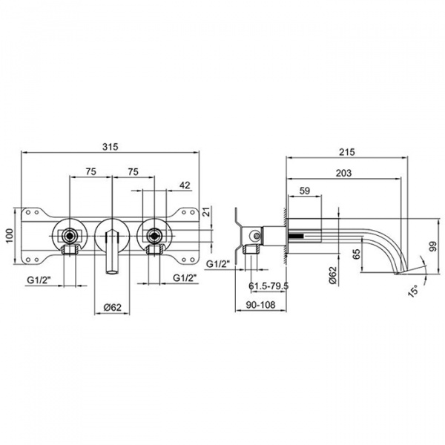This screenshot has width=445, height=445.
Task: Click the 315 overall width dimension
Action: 110,147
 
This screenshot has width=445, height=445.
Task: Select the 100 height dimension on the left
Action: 10,236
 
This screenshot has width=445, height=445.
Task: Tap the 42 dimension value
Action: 185,185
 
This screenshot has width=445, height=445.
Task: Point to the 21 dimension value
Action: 208,211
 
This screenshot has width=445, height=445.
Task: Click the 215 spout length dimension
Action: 347,152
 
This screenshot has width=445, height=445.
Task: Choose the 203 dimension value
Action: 343,173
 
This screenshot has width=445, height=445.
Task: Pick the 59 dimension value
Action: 305,191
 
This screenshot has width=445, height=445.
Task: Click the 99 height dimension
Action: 433,246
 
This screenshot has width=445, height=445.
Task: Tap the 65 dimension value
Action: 357,254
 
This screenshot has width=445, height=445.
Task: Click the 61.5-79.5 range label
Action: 268,286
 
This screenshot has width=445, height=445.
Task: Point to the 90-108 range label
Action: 260,305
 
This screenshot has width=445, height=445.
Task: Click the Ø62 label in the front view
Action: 113,307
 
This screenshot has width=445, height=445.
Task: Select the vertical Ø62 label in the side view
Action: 333,275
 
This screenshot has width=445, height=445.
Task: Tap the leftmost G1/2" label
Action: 39,280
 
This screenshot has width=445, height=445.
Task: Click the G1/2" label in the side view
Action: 217,264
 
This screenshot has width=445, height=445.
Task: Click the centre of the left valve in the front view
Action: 70,235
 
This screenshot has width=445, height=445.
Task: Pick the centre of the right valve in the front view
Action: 154,235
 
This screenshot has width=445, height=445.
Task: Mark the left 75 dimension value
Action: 90,171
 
